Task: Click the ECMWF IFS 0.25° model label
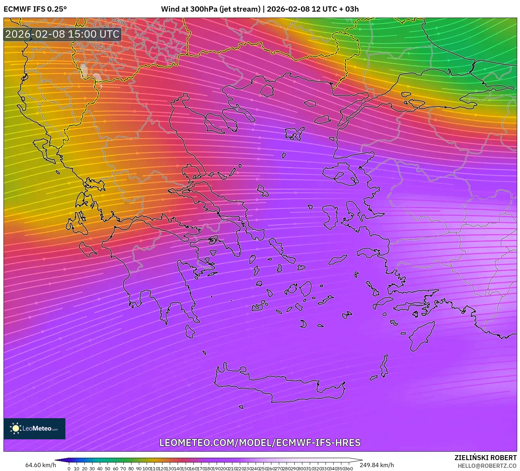[35, 9]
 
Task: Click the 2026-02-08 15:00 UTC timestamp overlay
[62, 34]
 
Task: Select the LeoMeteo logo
[34, 428]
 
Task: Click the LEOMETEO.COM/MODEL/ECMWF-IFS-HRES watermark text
[260, 442]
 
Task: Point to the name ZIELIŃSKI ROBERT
[485, 458]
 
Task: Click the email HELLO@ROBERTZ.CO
[487, 465]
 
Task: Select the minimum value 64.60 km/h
[40, 465]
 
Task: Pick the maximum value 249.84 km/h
[377, 465]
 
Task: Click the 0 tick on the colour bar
[69, 468]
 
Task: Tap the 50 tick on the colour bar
[108, 468]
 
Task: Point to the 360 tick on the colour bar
[348, 468]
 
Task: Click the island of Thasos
[267, 90]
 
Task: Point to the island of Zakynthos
[87, 249]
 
